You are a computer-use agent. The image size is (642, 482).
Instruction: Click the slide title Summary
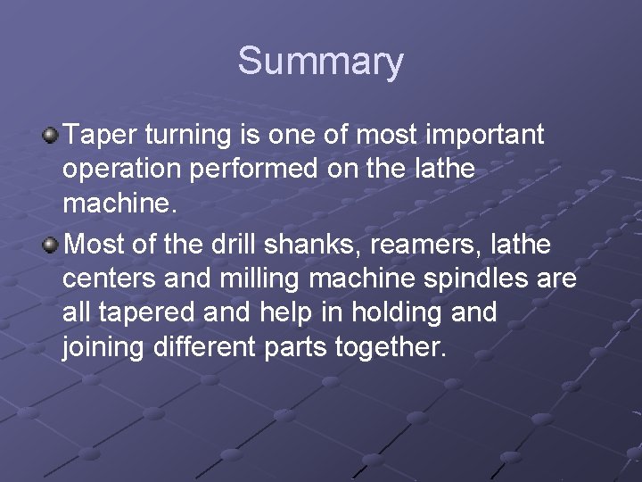click(320, 62)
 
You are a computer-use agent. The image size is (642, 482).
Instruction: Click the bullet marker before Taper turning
click(51, 136)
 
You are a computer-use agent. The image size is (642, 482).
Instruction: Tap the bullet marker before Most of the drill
click(51, 243)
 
